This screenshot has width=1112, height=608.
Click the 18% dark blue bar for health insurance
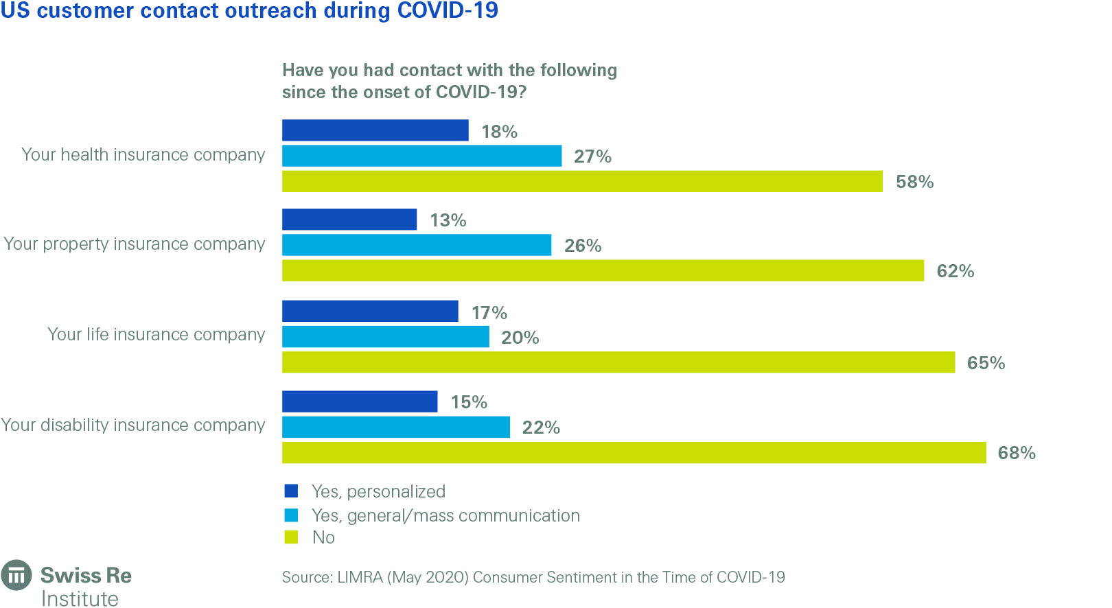click(375, 130)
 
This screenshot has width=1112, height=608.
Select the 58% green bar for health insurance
click(582, 181)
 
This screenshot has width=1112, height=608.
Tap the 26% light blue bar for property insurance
click(416, 245)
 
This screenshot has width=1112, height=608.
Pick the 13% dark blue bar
click(349, 220)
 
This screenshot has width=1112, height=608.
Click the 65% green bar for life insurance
click(618, 362)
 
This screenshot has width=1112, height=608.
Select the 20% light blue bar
click(385, 337)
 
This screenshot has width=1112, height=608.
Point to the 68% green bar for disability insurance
click(634, 453)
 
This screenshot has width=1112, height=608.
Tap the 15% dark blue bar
click(359, 401)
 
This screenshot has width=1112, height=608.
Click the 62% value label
click(955, 271)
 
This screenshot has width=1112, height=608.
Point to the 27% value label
click(592, 156)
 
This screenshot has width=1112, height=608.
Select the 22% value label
click(541, 428)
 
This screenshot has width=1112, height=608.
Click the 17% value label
click(489, 313)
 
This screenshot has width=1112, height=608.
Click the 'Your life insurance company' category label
click(156, 334)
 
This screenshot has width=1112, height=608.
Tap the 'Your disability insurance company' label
click(132, 425)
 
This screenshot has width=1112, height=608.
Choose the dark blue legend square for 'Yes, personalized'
click(291, 491)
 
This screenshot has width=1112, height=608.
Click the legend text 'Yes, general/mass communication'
click(445, 515)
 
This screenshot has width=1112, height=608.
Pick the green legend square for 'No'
click(291, 537)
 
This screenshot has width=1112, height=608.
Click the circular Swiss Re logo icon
click(16, 575)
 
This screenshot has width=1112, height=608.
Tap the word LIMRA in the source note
click(360, 577)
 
